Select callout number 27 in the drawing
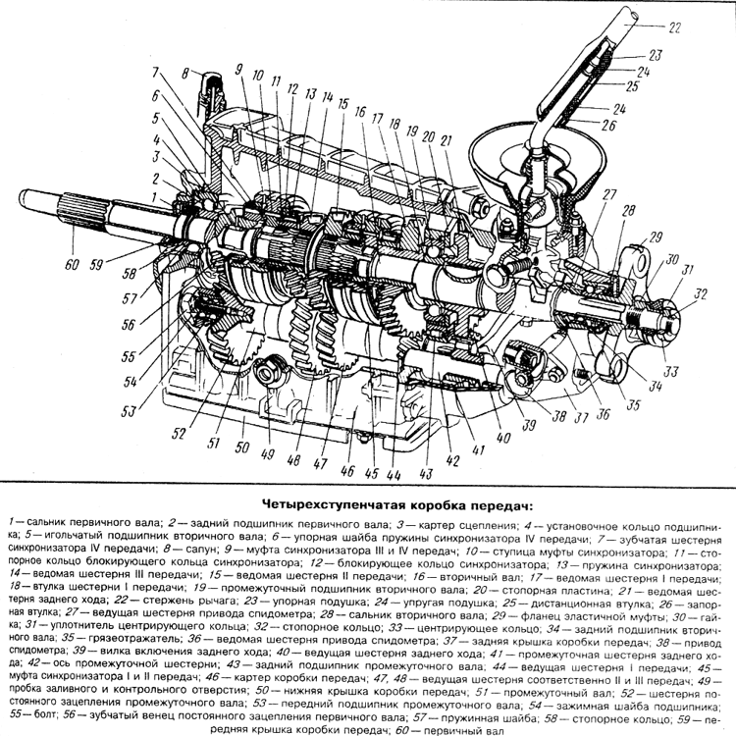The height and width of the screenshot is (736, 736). click(608, 195)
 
